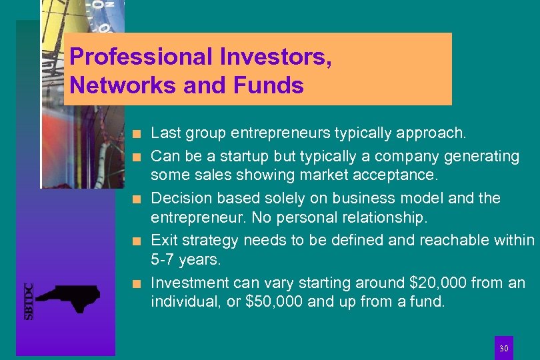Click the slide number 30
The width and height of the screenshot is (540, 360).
[x=504, y=349]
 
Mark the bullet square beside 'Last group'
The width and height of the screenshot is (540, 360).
[x=136, y=134]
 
